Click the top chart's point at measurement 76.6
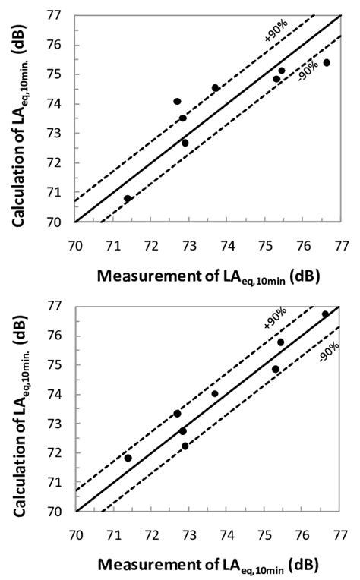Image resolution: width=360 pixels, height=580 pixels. pyautogui.click(x=327, y=63)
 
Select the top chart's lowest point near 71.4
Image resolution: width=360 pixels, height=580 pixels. pyautogui.click(x=128, y=199)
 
